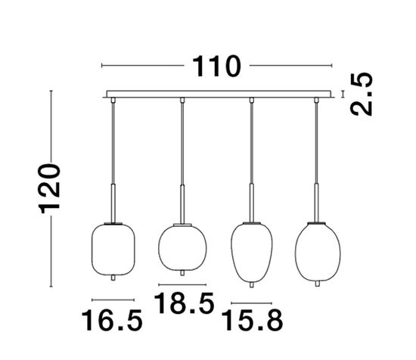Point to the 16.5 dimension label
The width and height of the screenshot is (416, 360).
tap(112, 321)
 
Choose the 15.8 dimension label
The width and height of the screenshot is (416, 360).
tap(250, 321)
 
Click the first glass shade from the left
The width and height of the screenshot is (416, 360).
tap(112, 247)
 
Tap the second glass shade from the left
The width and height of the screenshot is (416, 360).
tap(182, 247)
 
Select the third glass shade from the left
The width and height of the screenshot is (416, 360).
tap(250, 249)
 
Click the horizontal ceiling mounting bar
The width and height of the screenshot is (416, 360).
tap(220, 95)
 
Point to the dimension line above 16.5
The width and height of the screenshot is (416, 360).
tap(112, 296)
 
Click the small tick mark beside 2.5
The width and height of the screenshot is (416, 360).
tap(344, 95)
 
